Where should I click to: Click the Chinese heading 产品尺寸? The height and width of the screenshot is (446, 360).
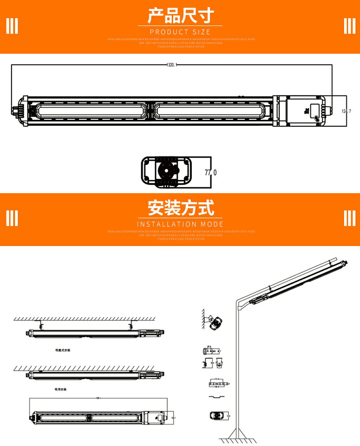180,16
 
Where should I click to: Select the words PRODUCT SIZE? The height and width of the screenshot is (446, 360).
180,32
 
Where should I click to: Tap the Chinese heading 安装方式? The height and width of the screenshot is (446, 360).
180,208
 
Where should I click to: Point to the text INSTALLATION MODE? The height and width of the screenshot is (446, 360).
180,224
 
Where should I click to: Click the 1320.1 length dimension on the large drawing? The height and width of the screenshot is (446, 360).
171,65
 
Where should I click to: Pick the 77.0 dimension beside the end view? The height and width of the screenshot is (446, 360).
210,173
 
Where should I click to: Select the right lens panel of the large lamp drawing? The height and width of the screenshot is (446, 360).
212,111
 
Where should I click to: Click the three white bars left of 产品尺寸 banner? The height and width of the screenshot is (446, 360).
12,26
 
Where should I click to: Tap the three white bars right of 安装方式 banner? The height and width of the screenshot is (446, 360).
349,218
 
